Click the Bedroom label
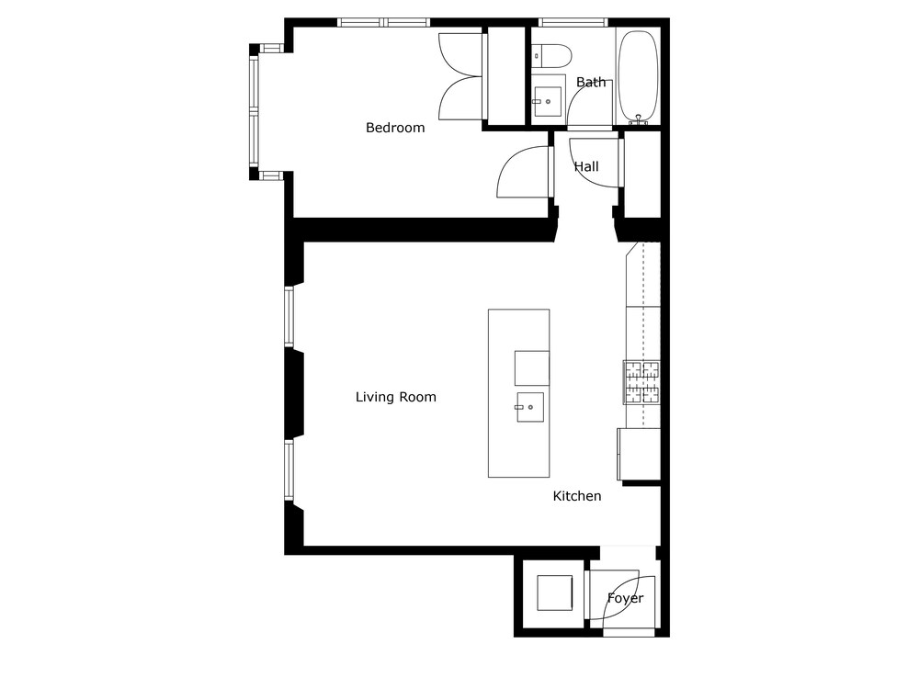click(395, 128)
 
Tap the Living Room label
click(395, 397)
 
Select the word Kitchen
click(577, 496)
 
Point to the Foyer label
click(625, 598)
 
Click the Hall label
click(586, 166)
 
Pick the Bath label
click(591, 82)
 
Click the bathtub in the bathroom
click(639, 76)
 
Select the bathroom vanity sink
click(547, 101)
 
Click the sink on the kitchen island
click(529, 407)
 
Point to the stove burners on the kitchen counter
click(641, 382)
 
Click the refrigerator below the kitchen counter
click(639, 455)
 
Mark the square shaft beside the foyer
click(554, 593)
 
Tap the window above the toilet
click(573, 22)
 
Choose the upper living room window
click(289, 316)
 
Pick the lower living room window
click(289, 469)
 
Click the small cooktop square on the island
click(532, 368)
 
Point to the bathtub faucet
click(639, 120)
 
